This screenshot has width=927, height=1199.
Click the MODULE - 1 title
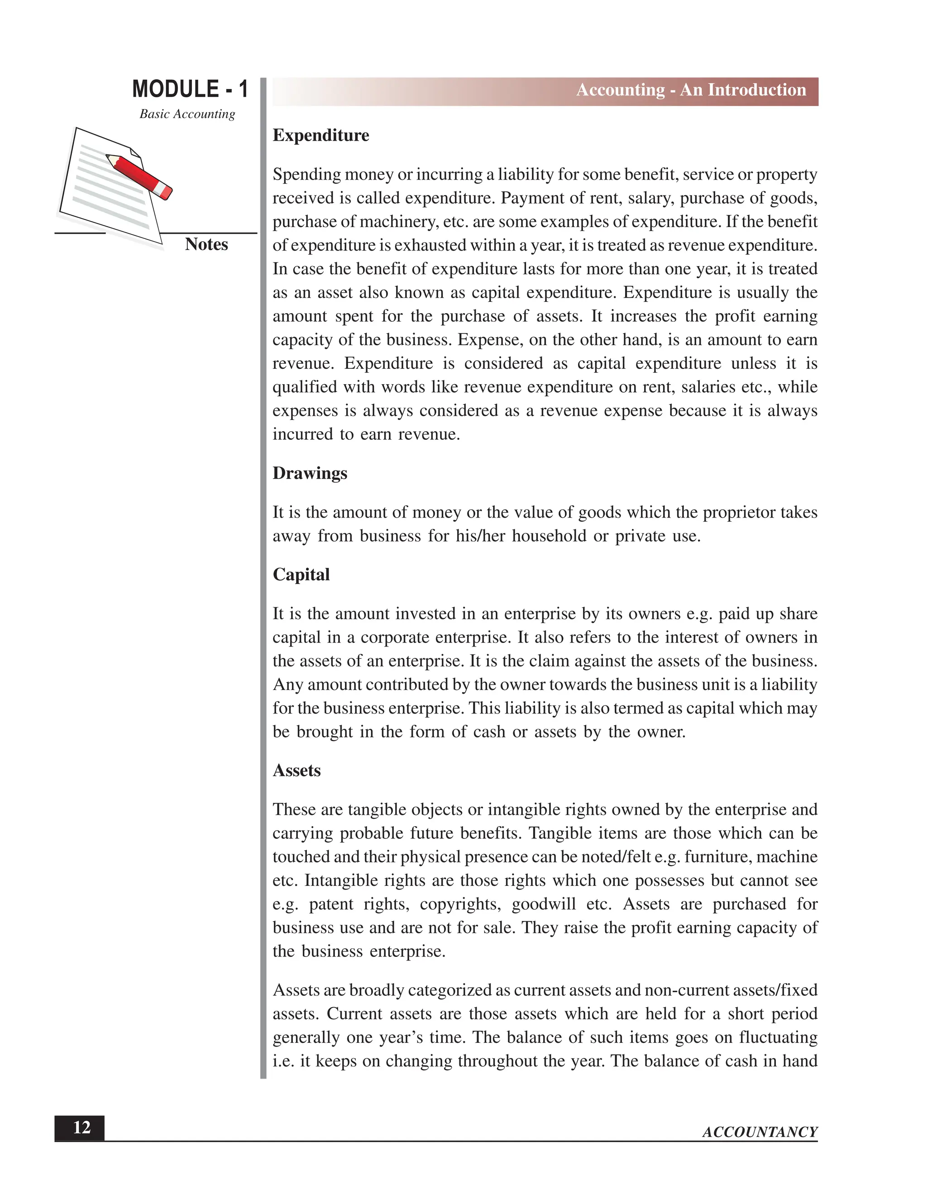click(x=190, y=89)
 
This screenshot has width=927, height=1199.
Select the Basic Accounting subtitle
click(x=187, y=114)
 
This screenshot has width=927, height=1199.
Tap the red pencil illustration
click(x=139, y=176)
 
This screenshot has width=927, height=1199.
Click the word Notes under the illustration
click(x=206, y=244)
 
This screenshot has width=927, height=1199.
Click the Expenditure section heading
click(x=321, y=136)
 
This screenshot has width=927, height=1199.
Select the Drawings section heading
click(x=310, y=473)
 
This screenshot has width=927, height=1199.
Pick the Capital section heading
click(x=301, y=575)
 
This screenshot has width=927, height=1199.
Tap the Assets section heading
click(x=296, y=771)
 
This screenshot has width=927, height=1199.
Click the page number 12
click(x=81, y=1128)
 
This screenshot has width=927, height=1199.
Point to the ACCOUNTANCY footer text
click(x=760, y=1132)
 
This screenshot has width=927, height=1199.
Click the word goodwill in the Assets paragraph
click(x=543, y=904)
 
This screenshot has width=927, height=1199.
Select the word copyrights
click(x=461, y=904)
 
